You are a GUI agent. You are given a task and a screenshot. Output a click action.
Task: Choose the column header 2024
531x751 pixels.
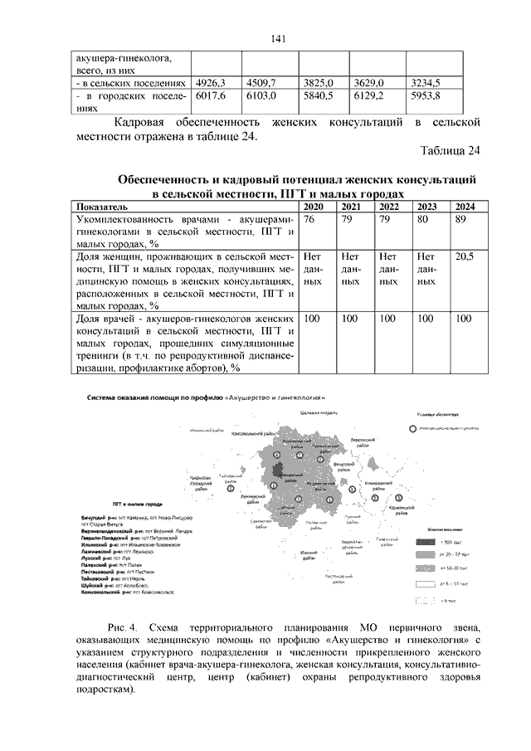coord(465,206)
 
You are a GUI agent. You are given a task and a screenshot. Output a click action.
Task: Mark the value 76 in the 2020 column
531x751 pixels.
coord(309,219)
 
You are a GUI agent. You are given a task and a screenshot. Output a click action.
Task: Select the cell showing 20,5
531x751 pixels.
coord(465,258)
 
